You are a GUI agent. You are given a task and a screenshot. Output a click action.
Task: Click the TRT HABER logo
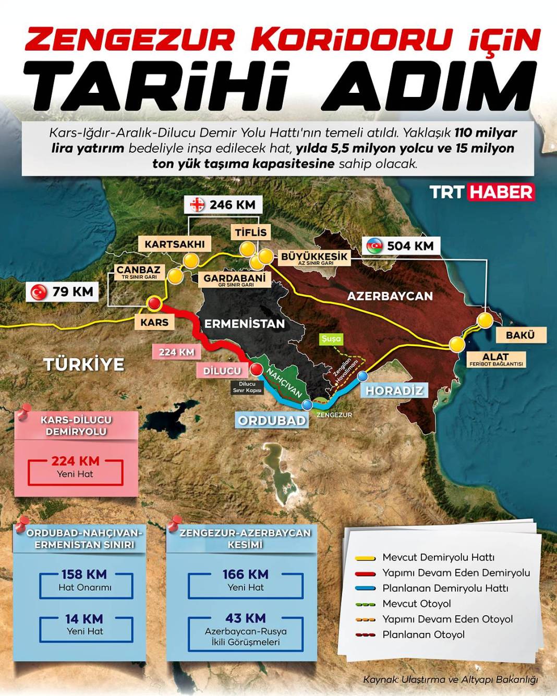(482, 192)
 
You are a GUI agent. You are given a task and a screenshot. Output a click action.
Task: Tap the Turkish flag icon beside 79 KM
(39, 292)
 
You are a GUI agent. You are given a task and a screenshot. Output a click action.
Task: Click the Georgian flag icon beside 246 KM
(198, 205)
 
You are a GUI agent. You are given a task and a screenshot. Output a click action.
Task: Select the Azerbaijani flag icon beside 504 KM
(374, 246)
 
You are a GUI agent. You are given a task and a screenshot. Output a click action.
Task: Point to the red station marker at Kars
(154, 304)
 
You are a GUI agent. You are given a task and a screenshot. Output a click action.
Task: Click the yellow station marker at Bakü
(485, 320)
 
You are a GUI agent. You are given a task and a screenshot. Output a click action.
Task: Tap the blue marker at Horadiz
(362, 376)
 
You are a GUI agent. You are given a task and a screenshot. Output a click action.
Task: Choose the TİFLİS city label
(250, 233)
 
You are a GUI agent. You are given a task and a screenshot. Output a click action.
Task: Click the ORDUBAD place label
(272, 420)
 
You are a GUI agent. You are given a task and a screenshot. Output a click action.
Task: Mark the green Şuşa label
(331, 339)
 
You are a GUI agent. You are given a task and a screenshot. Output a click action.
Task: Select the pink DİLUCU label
(222, 371)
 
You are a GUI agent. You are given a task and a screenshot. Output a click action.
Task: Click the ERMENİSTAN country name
(244, 324)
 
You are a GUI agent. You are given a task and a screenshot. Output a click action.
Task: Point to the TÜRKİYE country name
(84, 364)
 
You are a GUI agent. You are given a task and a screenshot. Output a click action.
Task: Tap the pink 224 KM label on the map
(176, 352)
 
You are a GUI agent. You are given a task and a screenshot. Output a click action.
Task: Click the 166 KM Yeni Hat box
(245, 580)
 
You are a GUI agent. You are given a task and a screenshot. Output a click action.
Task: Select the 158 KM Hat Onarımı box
(85, 580)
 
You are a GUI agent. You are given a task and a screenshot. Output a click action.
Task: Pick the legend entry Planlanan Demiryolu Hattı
(444, 588)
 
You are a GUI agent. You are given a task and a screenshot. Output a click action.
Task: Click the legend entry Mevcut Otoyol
(416, 604)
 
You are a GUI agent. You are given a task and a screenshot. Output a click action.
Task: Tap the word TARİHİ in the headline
(156, 86)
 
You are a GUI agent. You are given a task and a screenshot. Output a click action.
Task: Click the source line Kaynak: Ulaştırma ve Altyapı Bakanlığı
(450, 679)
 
